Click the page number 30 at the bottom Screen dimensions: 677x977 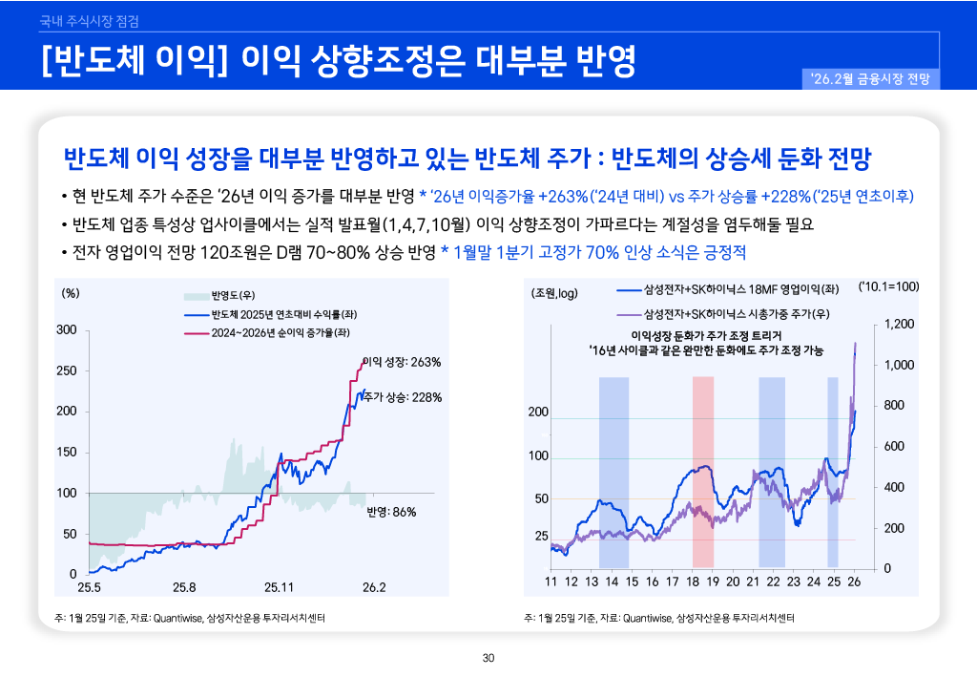click(488, 658)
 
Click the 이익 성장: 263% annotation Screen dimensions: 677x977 click(402, 362)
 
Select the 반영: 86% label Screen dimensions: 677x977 click(391, 512)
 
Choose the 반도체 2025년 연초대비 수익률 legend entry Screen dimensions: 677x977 click(272, 314)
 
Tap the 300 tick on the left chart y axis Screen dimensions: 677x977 click(67, 329)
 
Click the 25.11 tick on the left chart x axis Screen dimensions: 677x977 click(280, 586)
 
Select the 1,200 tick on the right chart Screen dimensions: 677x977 click(900, 325)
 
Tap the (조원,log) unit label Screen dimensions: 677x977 click(555, 292)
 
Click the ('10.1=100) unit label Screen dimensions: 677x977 click(888, 286)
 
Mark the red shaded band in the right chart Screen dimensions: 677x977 click(703, 472)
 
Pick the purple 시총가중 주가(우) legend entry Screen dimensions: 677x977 click(734, 314)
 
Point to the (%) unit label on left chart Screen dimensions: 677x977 click(70, 293)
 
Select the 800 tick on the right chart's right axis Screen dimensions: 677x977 click(896, 406)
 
